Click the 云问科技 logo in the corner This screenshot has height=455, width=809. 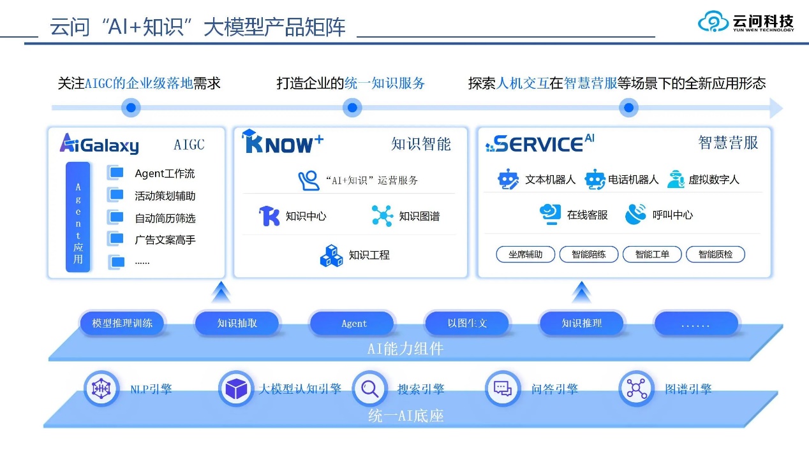pyautogui.click(x=746, y=22)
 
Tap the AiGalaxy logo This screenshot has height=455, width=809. pyautogui.click(x=99, y=144)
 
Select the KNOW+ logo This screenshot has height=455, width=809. pyautogui.click(x=283, y=143)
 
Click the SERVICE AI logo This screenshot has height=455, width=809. pyautogui.click(x=539, y=143)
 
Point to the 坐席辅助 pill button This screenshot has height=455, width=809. pyautogui.click(x=526, y=254)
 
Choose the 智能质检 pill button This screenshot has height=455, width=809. pyautogui.click(x=715, y=254)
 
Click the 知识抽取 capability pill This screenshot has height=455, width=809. pyautogui.click(x=237, y=323)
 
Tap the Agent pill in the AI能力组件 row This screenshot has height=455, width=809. pyautogui.click(x=353, y=323)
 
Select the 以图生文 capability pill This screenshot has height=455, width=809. pyautogui.click(x=467, y=323)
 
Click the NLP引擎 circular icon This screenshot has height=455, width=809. pyautogui.click(x=101, y=388)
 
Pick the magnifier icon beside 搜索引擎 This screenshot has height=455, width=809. pyautogui.click(x=369, y=388)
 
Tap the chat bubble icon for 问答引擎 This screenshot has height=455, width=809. pyautogui.click(x=503, y=388)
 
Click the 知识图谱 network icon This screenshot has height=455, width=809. pyautogui.click(x=382, y=216)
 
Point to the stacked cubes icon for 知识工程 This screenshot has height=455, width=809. pyautogui.click(x=331, y=255)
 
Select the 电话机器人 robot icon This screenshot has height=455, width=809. pyautogui.click(x=595, y=180)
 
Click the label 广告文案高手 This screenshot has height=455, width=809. pyautogui.click(x=165, y=240)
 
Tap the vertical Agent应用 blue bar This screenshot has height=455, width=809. pyautogui.click(x=78, y=217)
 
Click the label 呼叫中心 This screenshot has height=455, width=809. pyautogui.click(x=672, y=215)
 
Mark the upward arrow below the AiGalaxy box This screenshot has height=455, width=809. pyautogui.click(x=221, y=294)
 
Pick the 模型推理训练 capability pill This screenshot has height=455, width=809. pyautogui.click(x=122, y=323)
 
